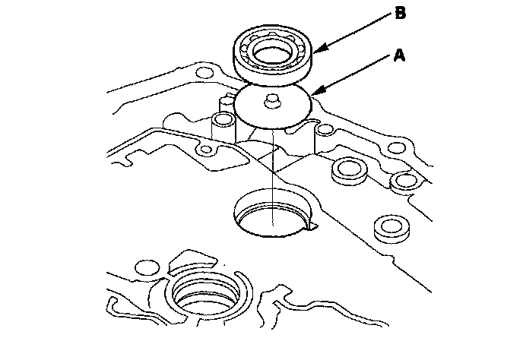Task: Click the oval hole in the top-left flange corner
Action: click(x=202, y=74)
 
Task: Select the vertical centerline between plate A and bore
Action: click(x=271, y=167)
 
